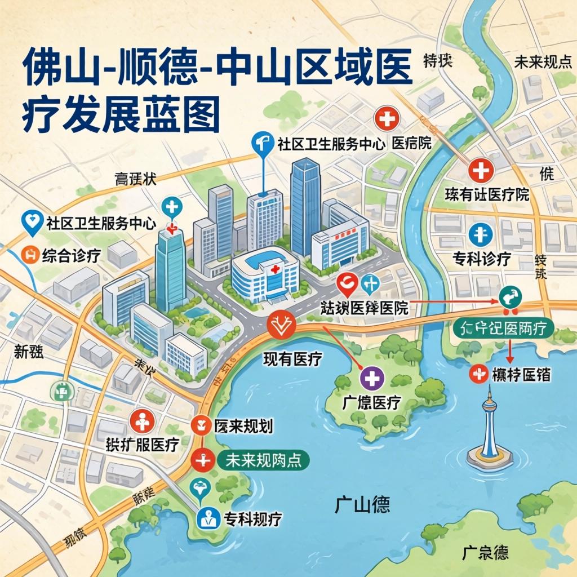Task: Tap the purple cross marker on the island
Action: coord(372,378)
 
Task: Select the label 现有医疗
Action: coord(292,359)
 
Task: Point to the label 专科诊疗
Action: coord(482,259)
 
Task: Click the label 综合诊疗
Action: coord(71,255)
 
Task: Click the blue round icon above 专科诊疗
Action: coord(481,234)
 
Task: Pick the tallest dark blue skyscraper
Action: coord(305,206)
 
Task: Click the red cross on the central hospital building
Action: coord(275,270)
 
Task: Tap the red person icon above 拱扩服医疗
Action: coord(142,421)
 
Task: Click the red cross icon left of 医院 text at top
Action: coord(387,119)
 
